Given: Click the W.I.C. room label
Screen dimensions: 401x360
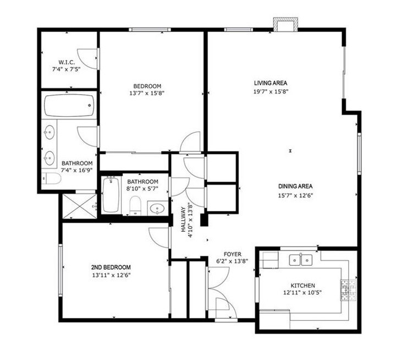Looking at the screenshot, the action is pyautogui.click(x=67, y=62).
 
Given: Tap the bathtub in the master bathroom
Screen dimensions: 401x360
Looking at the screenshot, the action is pyautogui.click(x=69, y=106).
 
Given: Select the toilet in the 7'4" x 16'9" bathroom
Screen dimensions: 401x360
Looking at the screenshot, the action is pyautogui.click(x=51, y=178).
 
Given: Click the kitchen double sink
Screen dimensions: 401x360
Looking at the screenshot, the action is pyautogui.click(x=300, y=260).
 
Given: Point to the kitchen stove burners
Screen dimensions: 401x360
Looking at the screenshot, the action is pyautogui.click(x=348, y=290).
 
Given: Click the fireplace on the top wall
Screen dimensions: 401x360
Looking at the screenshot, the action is pyautogui.click(x=285, y=25).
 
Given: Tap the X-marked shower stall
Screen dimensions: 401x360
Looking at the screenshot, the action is pyautogui.click(x=80, y=206).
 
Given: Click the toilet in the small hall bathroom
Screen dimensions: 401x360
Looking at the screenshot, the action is pyautogui.click(x=135, y=206).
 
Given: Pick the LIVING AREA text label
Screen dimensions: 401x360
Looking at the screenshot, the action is pyautogui.click(x=271, y=83).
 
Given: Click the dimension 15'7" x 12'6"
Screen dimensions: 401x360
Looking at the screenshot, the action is pyautogui.click(x=295, y=196).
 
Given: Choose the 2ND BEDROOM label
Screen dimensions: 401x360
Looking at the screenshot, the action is pyautogui.click(x=111, y=268).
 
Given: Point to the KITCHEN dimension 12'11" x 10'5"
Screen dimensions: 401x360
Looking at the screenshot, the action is pyautogui.click(x=303, y=293).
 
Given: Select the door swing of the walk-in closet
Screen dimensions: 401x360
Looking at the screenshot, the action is pyautogui.click(x=87, y=58).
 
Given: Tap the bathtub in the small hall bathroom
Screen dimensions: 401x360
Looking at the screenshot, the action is pyautogui.click(x=111, y=195).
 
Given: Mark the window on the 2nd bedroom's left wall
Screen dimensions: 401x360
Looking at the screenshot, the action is pyautogui.click(x=61, y=270).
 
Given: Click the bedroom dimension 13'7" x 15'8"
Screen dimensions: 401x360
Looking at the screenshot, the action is pyautogui.click(x=147, y=94).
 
